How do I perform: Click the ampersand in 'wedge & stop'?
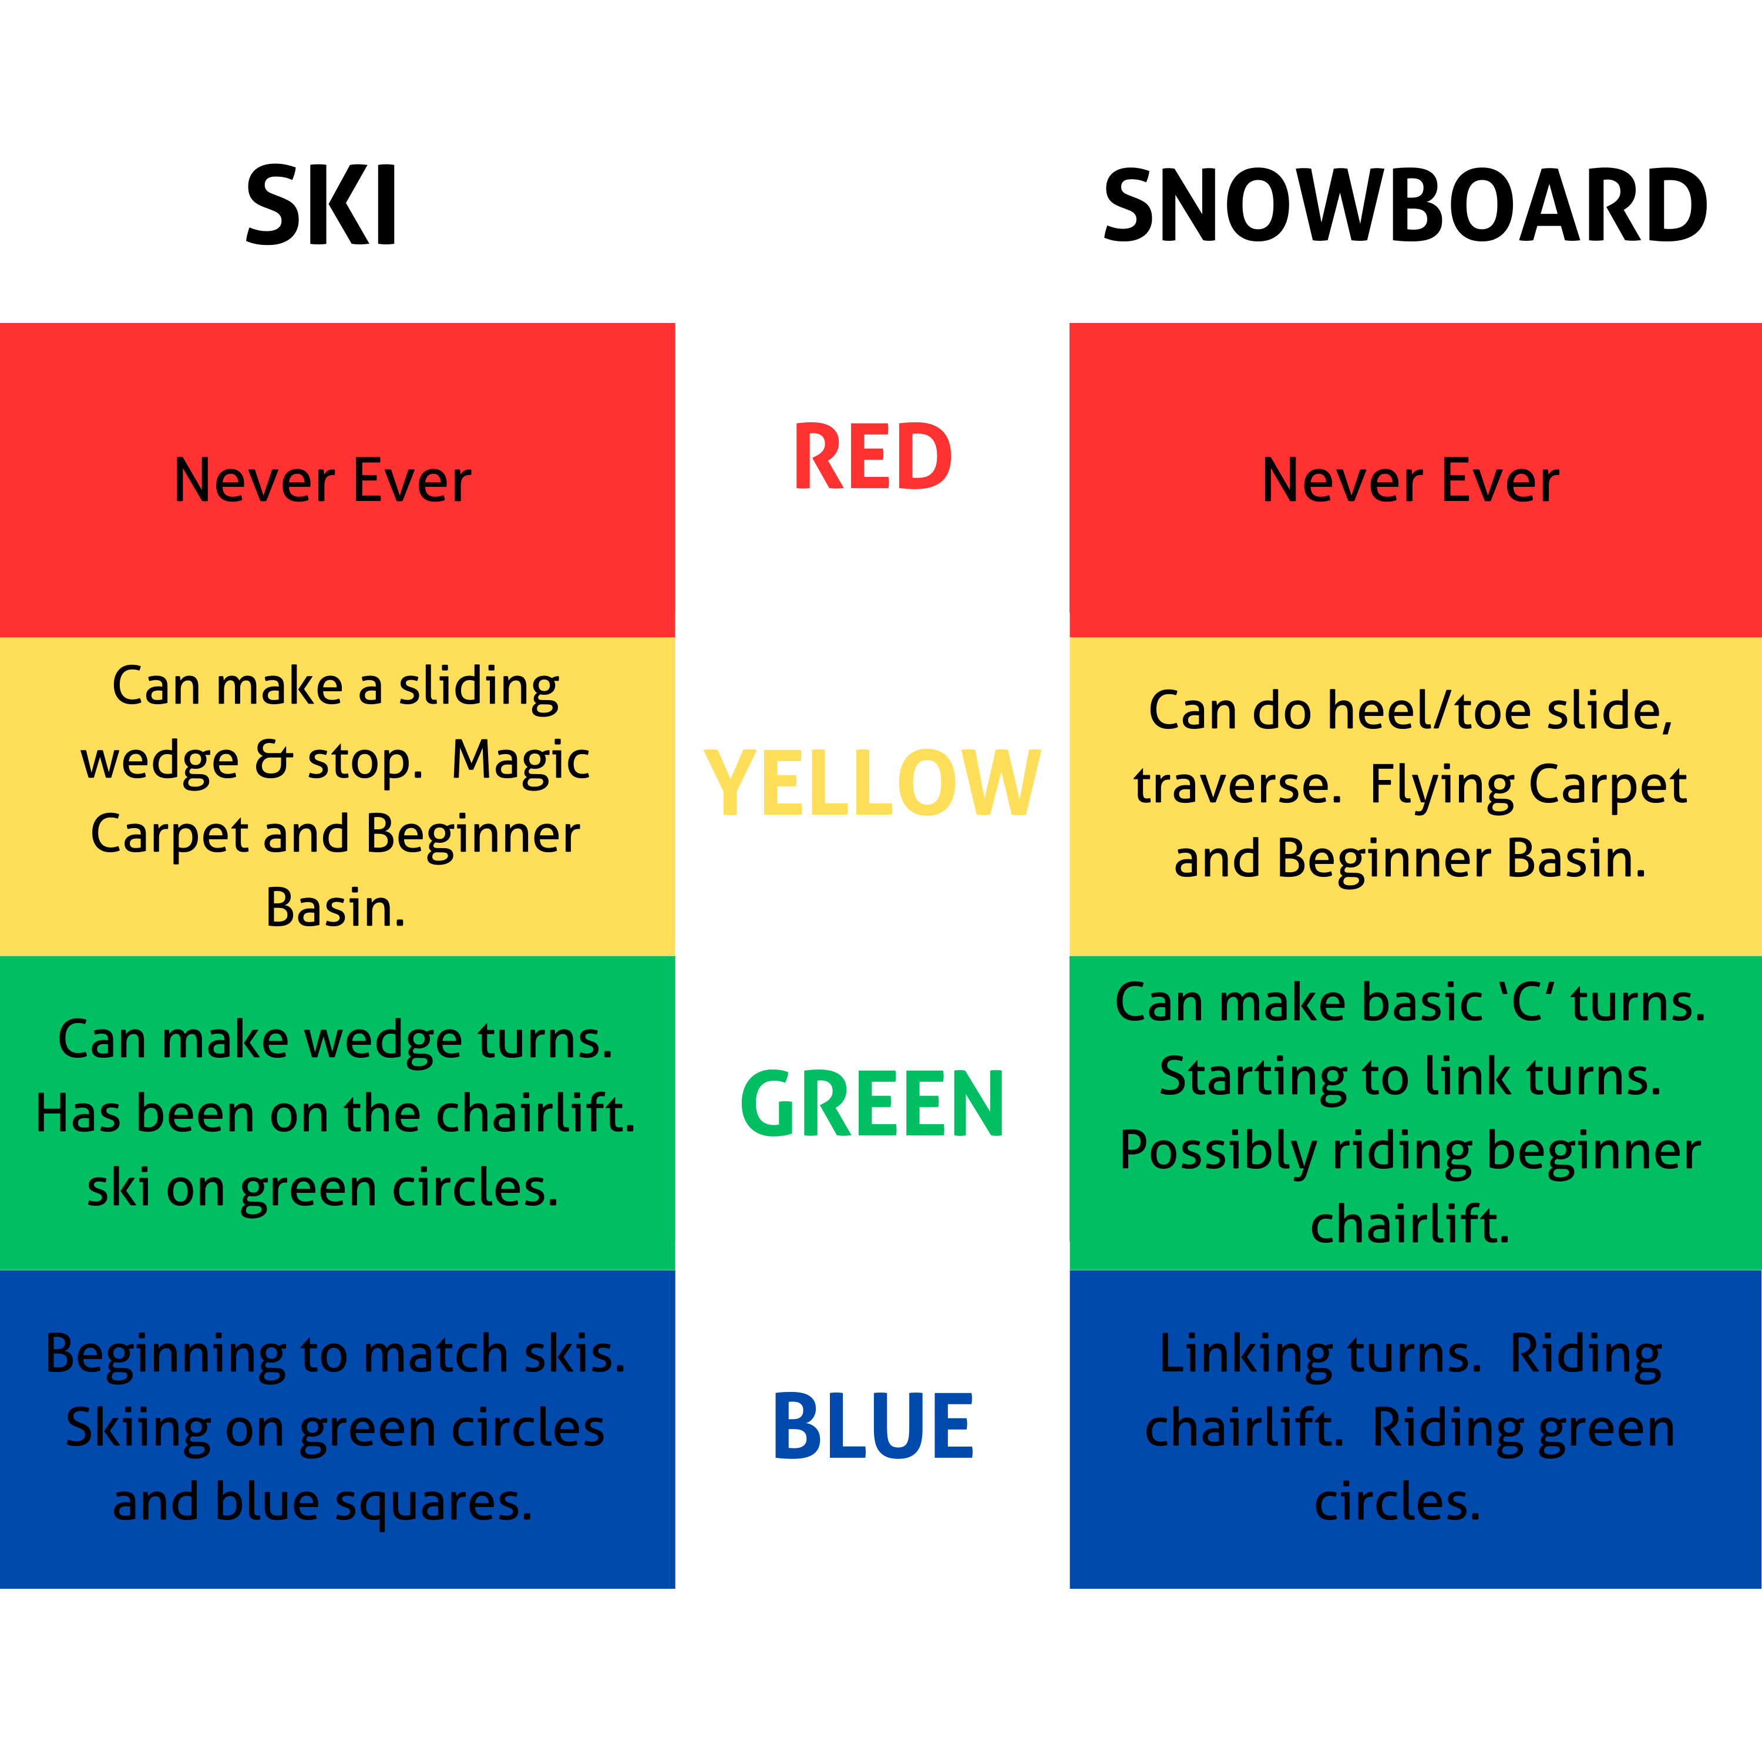pos(272,759)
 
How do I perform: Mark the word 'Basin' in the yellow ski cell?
pos(334,909)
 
